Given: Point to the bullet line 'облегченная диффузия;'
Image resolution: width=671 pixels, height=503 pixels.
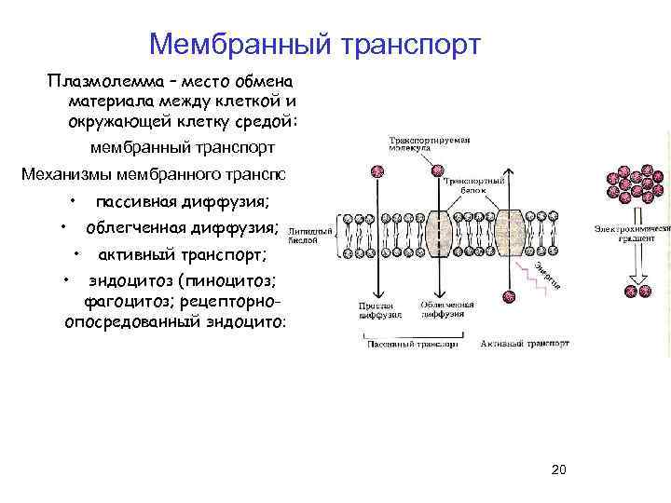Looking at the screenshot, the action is pyautogui.click(x=182, y=228).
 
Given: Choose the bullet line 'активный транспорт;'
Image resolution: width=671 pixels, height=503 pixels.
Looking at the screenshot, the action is pyautogui.click(x=183, y=254).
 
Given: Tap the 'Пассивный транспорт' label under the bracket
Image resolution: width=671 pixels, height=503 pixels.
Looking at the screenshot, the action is pyautogui.click(x=410, y=344).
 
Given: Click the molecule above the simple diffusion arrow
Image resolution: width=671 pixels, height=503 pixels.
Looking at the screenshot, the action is pyautogui.click(x=377, y=172).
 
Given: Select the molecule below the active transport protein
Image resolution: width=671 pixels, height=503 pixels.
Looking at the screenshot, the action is pyautogui.click(x=509, y=296).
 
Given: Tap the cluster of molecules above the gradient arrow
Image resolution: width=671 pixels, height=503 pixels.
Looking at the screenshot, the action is pyautogui.click(x=628, y=185).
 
